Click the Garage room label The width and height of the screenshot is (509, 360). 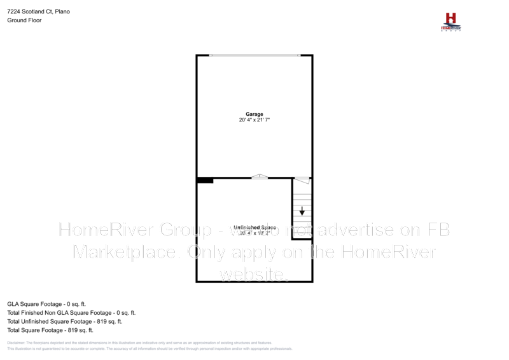[254, 114]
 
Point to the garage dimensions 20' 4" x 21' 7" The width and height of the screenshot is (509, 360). [254, 120]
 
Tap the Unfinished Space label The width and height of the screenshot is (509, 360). [254, 227]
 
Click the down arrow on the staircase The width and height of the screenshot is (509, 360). [302, 211]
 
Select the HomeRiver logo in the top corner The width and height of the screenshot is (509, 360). [451, 22]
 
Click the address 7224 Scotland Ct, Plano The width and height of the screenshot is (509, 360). [39, 12]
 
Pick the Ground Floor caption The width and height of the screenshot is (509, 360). [24, 20]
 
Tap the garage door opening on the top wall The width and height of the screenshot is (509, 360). [254, 55]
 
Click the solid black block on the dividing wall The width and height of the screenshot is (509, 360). [205, 181]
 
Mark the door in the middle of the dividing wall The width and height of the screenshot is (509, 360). [260, 177]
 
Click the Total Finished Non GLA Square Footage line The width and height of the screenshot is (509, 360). [71, 313]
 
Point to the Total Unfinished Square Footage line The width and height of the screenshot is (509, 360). [64, 322]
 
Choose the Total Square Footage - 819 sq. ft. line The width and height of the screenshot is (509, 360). [50, 330]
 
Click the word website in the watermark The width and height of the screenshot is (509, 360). [254, 274]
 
